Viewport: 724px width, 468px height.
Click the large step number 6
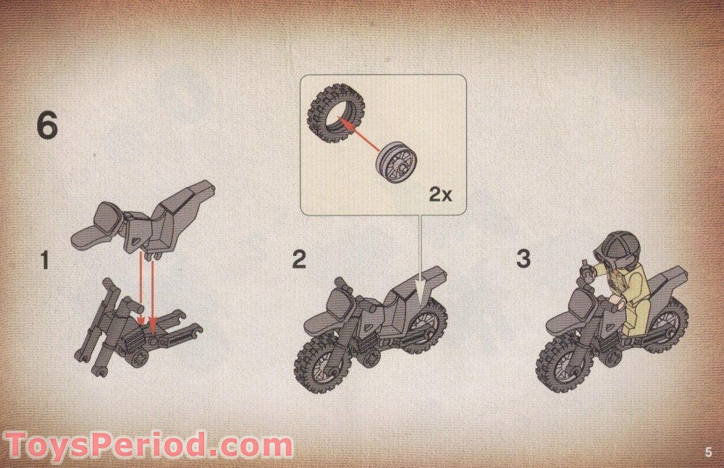[47, 127]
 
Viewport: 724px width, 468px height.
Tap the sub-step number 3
[523, 259]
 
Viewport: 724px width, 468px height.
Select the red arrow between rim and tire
[360, 137]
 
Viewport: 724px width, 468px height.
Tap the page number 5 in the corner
[707, 453]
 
